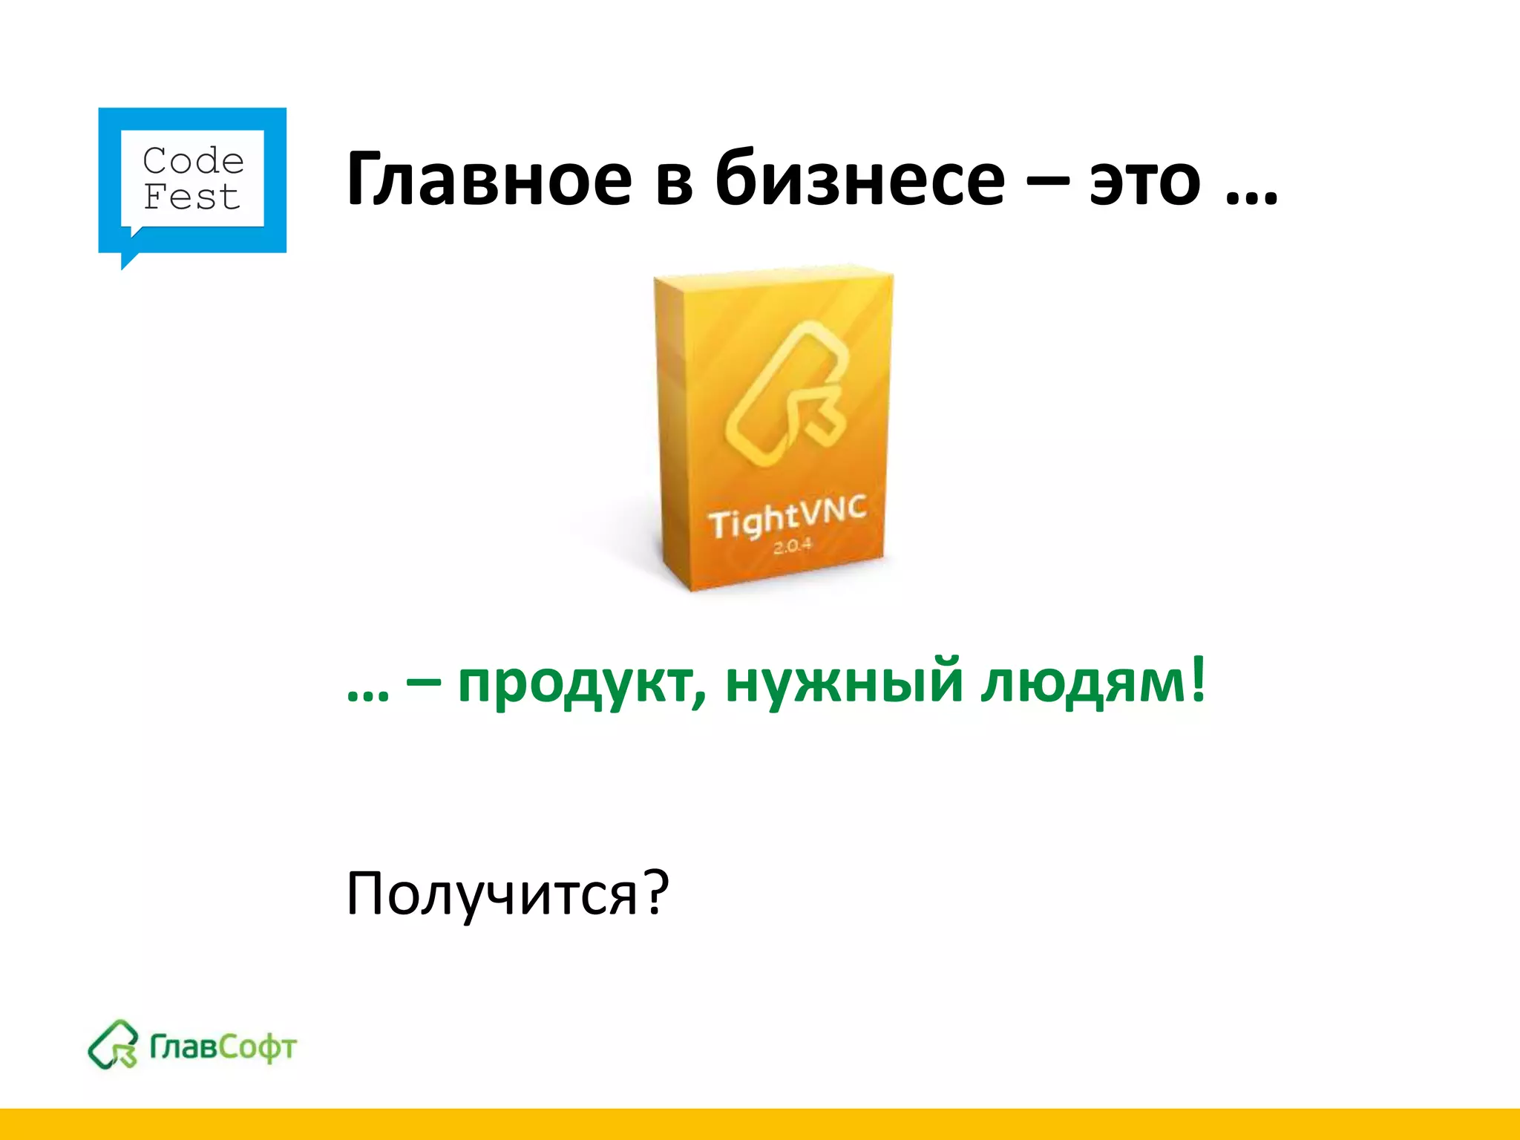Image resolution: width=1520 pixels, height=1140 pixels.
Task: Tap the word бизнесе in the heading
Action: (x=859, y=180)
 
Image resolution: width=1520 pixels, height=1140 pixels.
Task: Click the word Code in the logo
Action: (x=193, y=160)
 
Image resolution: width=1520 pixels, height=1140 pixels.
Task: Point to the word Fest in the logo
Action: (x=191, y=197)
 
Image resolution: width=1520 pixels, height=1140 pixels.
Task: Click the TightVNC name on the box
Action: (x=787, y=517)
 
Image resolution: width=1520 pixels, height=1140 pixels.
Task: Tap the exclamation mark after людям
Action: (x=1196, y=679)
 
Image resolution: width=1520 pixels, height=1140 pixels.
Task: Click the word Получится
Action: (x=491, y=894)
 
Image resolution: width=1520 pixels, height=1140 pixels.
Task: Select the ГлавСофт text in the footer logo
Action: (x=223, y=1047)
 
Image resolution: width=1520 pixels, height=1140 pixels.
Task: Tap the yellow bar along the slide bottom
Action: (x=760, y=1124)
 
